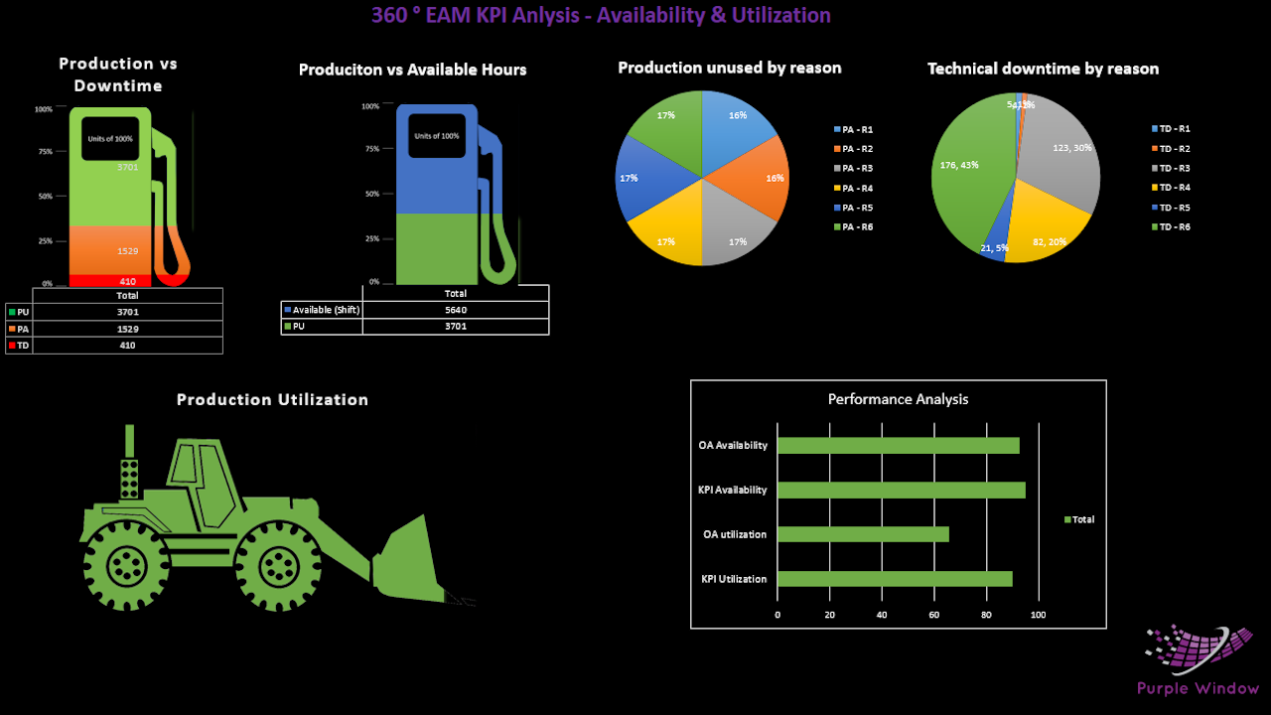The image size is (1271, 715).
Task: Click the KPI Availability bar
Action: pos(901,490)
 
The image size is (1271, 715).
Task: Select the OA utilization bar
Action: pos(863,534)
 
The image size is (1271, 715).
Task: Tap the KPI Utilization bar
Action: pos(895,579)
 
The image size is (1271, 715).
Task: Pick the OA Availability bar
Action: pos(898,445)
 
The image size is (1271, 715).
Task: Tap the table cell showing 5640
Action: pos(455,310)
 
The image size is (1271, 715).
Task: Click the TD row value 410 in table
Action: pos(127,345)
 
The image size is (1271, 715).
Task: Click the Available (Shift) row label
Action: pos(322,310)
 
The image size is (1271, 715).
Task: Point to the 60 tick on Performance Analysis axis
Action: pos(933,616)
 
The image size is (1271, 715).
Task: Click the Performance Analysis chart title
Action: pos(898,399)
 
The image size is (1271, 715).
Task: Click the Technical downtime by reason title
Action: pos(1043,69)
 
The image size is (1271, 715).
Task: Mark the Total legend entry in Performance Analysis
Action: pos(1078,519)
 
